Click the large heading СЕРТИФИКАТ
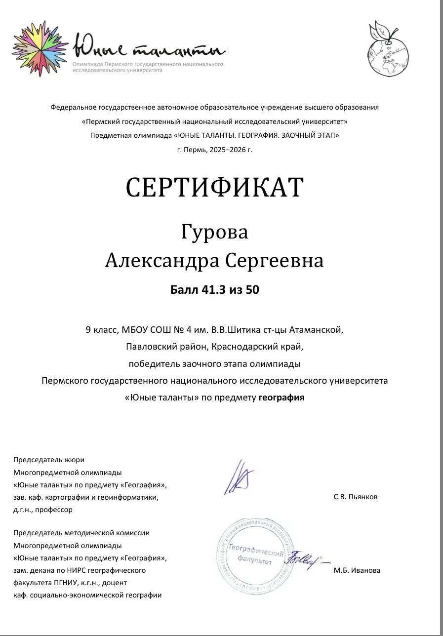[x=214, y=188]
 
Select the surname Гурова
[x=214, y=232]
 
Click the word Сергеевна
[x=275, y=261]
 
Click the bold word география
[x=282, y=397]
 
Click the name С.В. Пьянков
[x=356, y=497]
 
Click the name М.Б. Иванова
[x=357, y=570]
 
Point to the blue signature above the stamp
[x=239, y=477]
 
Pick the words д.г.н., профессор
[x=42, y=510]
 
